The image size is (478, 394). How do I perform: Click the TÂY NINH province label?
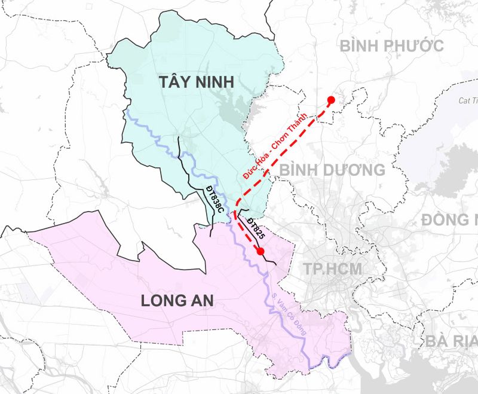pyautogui.click(x=196, y=83)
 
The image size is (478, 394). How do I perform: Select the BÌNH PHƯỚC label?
pyautogui.click(x=391, y=45)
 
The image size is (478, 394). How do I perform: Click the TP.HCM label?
pyautogui.click(x=332, y=268)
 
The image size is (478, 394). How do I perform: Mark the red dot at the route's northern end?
pyautogui.click(x=330, y=100)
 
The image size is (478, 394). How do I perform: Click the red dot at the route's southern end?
pyautogui.click(x=260, y=252)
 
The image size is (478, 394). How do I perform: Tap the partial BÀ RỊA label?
pyautogui.click(x=452, y=341)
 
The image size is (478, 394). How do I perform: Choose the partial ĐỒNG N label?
pyautogui.click(x=448, y=219)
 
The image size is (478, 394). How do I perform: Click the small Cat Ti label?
pyautogui.click(x=468, y=100)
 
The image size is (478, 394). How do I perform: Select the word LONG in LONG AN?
pyautogui.click(x=163, y=301)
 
